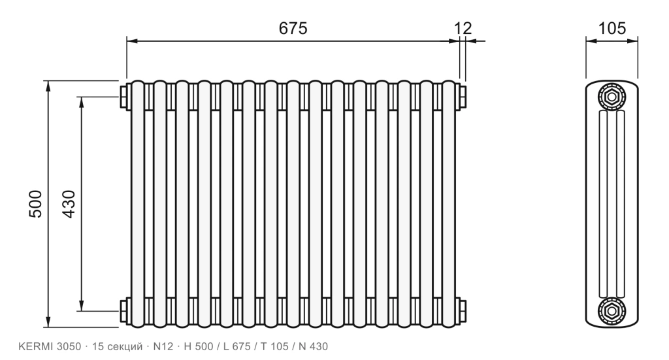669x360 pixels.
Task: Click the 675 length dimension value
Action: coord(293,28)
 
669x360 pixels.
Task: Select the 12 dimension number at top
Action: coord(463,28)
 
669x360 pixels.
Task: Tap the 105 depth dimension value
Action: coord(612,28)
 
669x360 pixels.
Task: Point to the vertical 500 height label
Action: coord(36,204)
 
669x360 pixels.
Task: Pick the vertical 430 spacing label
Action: coord(69,204)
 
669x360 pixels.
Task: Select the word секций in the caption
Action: coord(125,346)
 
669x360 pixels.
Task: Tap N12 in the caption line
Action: coord(163,346)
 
